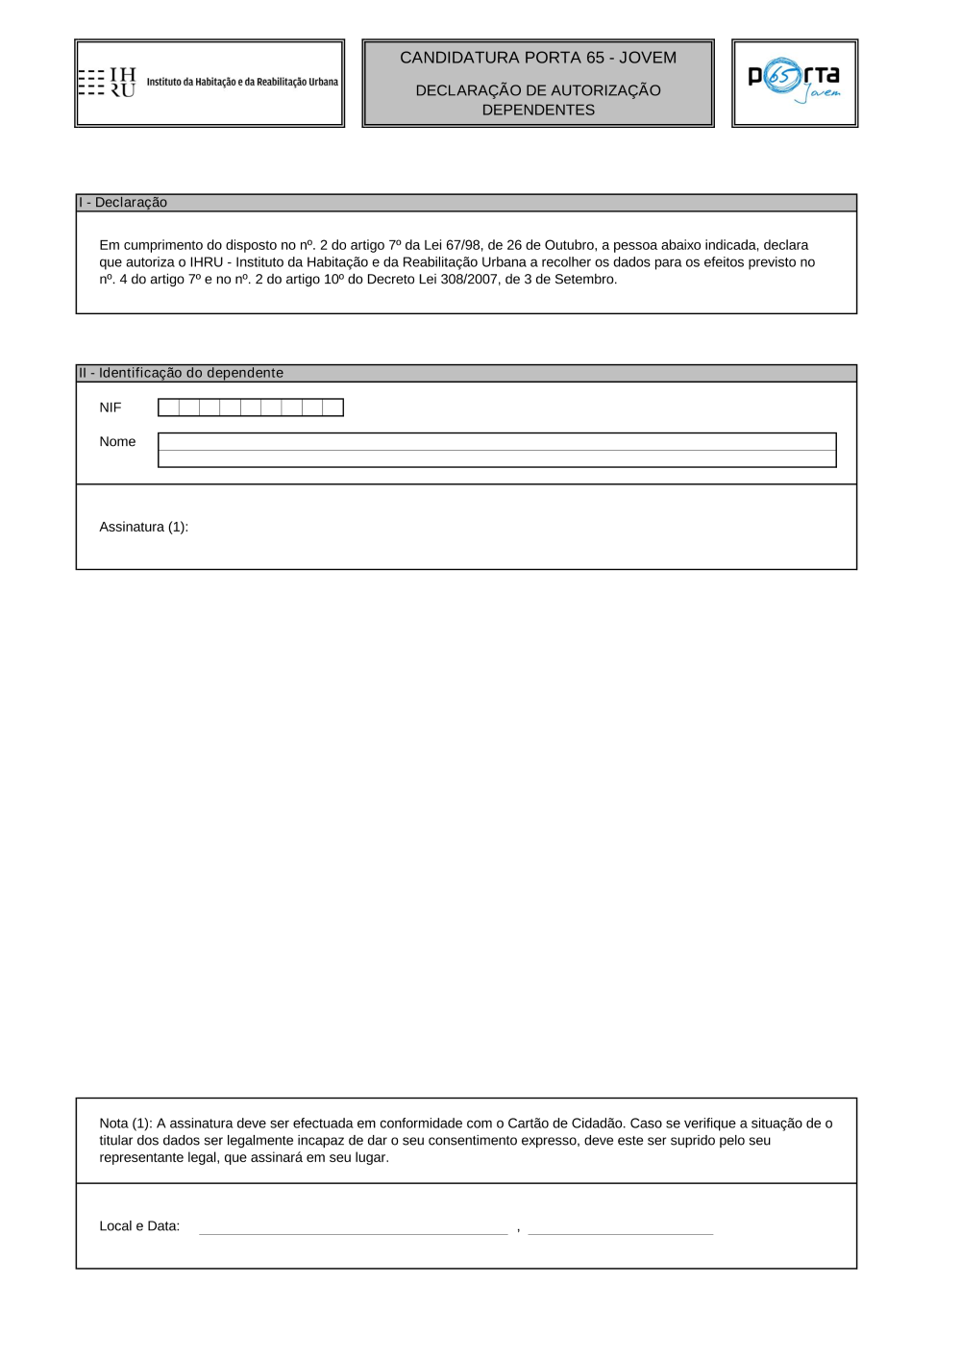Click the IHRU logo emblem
108,83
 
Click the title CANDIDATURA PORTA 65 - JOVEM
538,58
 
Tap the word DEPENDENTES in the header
538,111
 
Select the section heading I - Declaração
123,203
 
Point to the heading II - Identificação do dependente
181,373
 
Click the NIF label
111,408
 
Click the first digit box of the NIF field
168,408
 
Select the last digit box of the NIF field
333,408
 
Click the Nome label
117,442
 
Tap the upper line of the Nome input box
497,442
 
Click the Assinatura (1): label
144,527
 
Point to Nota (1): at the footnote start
126,1124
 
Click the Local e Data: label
139,1226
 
